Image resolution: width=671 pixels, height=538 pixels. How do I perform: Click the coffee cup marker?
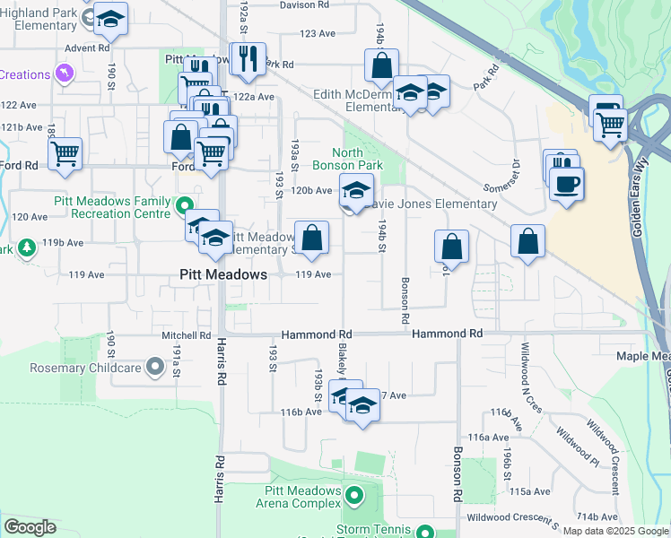tap(566, 186)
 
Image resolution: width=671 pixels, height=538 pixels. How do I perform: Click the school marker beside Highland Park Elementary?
tap(110, 19)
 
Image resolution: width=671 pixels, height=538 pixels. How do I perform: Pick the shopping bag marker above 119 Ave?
tap(312, 239)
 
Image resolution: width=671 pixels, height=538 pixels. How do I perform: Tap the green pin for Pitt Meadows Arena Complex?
tap(354, 495)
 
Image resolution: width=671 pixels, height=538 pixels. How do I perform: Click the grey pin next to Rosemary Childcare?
tap(156, 366)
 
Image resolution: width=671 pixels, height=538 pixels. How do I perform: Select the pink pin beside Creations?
tap(64, 73)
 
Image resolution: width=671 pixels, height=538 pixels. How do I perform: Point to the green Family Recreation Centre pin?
tap(185, 205)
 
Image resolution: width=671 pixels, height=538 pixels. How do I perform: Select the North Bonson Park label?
tap(347, 159)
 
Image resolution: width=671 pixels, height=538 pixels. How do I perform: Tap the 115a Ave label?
tap(529, 491)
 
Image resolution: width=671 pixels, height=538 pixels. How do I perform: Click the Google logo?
tap(30, 527)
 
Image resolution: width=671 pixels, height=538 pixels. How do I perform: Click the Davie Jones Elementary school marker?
tap(355, 190)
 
